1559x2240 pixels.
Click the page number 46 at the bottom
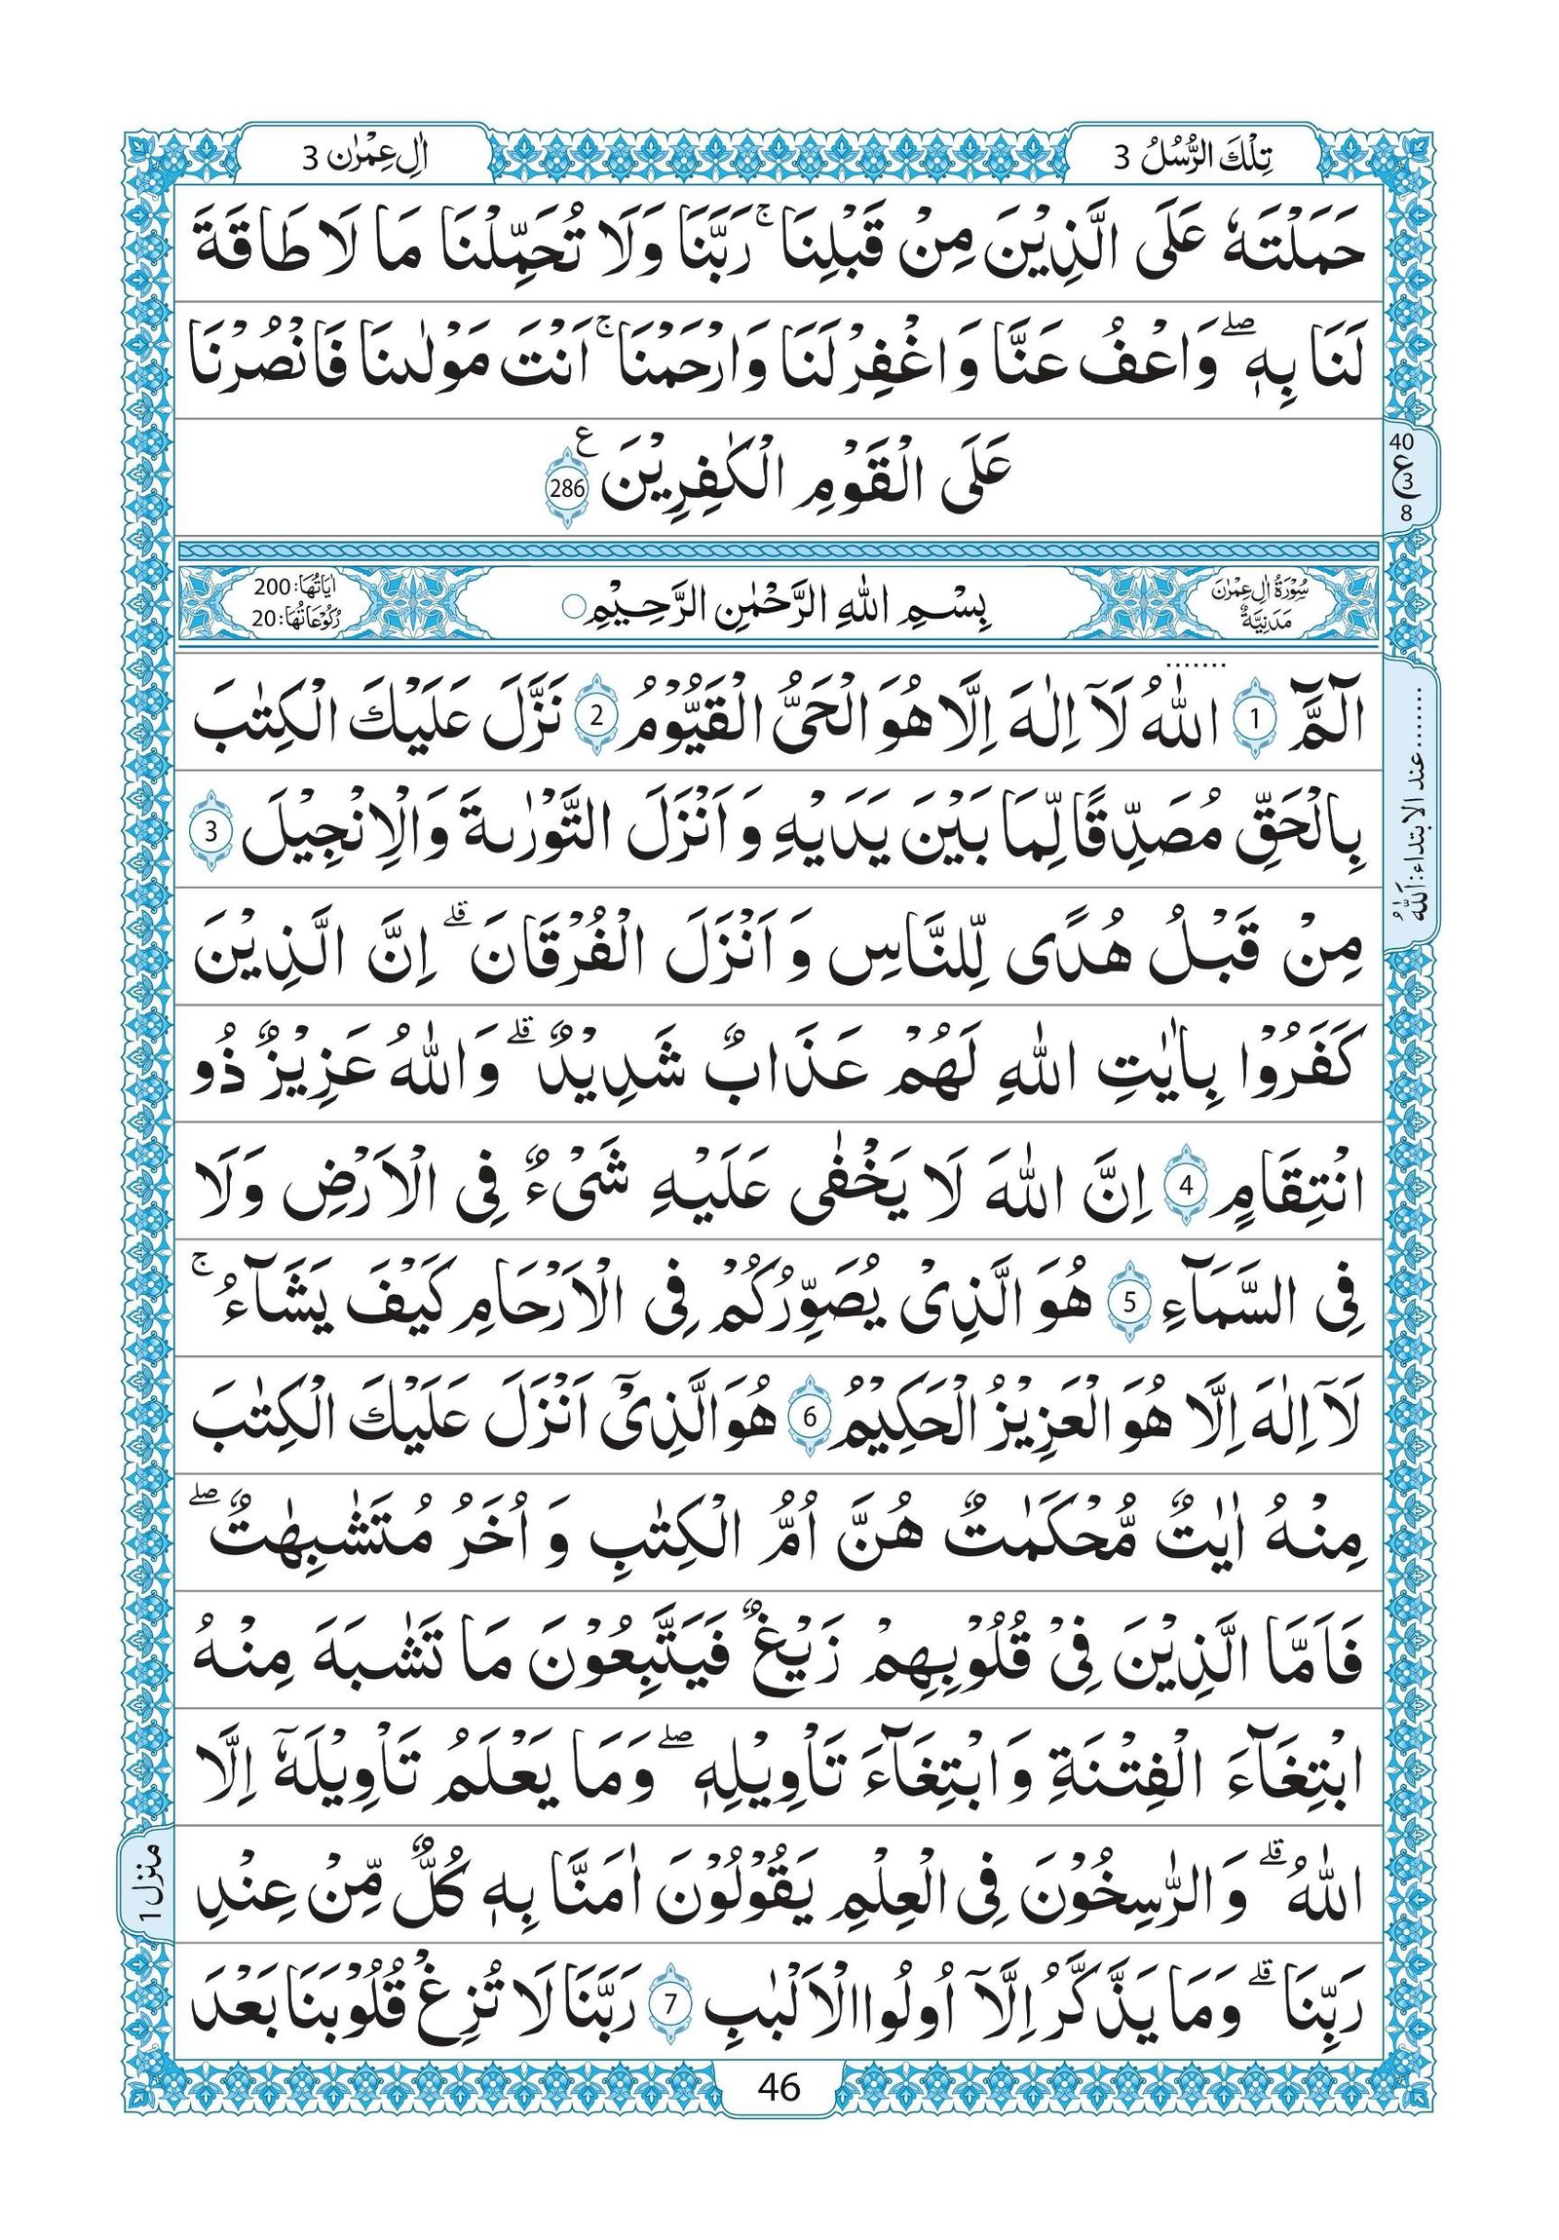tap(778, 2191)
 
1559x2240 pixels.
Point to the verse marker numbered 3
tap(219, 832)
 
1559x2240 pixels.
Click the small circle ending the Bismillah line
tap(570, 611)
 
